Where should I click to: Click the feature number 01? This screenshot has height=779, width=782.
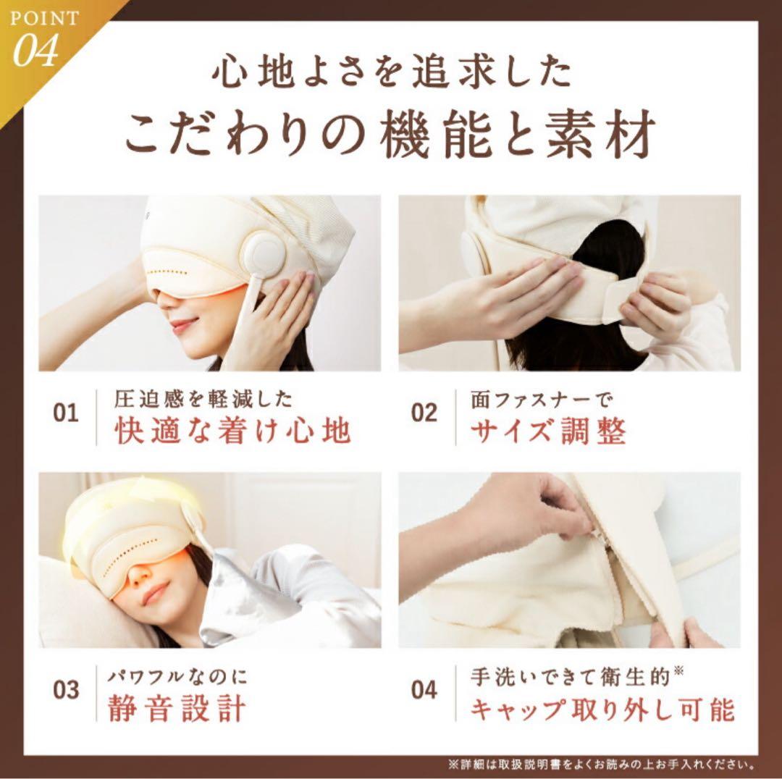[x=66, y=413]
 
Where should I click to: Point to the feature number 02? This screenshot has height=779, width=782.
[x=424, y=413]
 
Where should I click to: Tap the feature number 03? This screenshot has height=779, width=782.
[x=66, y=689]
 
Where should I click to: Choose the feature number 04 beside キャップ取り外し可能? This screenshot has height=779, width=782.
[x=424, y=689]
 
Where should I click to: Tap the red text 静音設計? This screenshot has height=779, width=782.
[x=177, y=707]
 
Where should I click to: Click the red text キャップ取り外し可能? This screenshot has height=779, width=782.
[x=602, y=707]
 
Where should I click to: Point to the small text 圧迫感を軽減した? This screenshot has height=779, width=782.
[x=203, y=397]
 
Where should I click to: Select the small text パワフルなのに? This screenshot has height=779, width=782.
[x=177, y=677]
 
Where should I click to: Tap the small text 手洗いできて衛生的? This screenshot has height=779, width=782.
[x=576, y=675]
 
